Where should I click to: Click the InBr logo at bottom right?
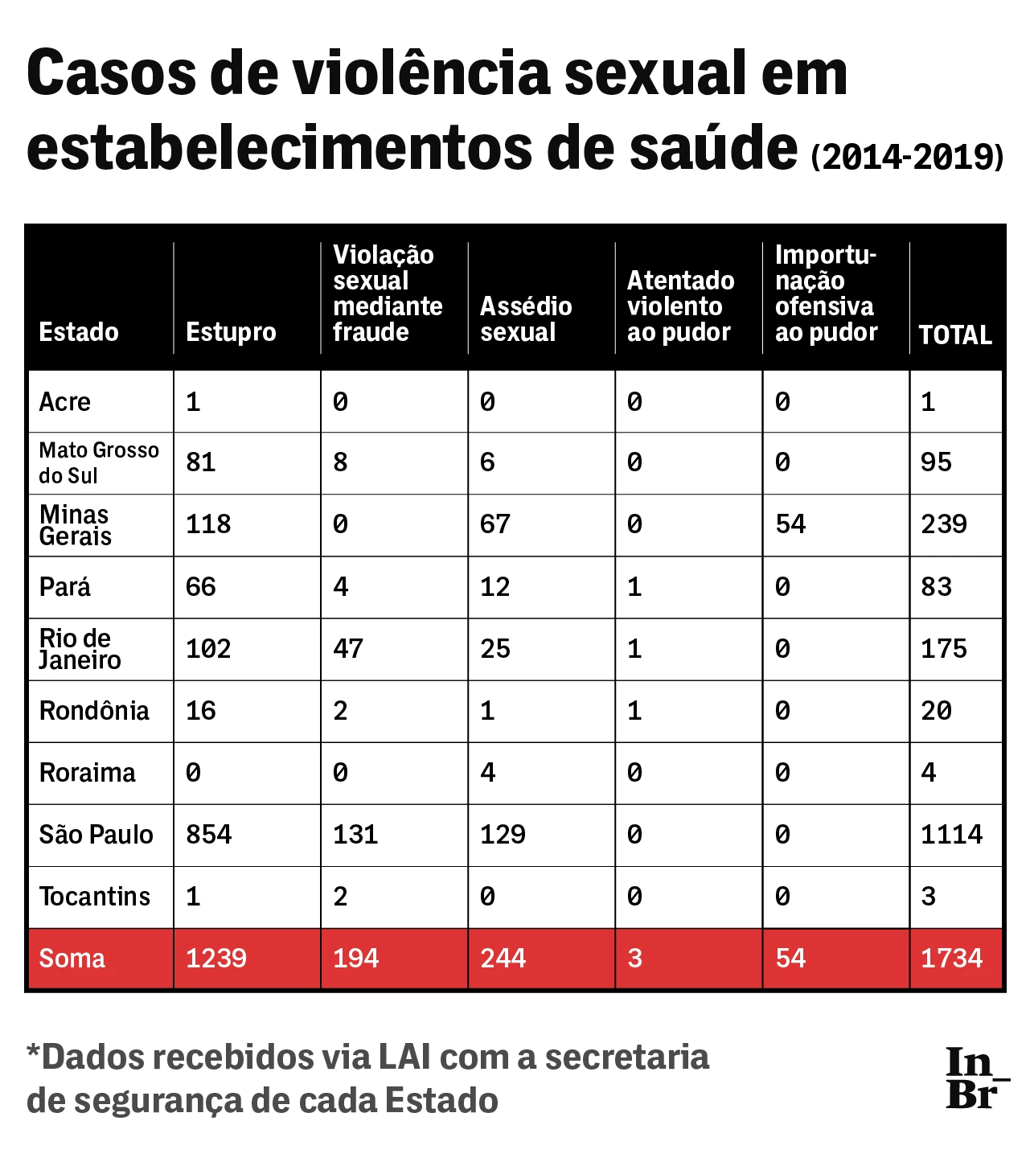click(x=975, y=1078)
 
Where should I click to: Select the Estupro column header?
click(x=231, y=332)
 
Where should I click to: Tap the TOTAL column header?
click(x=955, y=335)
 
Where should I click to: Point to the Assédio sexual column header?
click(x=526, y=319)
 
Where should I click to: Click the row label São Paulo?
click(x=96, y=835)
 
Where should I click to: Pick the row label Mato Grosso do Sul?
click(x=98, y=462)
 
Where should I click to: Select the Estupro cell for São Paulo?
click(x=208, y=835)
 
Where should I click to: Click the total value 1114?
click(x=951, y=835)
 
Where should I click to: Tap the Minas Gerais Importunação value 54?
click(x=790, y=524)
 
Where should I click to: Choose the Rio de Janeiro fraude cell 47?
click(x=348, y=649)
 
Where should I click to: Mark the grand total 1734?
click(x=951, y=959)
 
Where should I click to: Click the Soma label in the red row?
click(x=72, y=959)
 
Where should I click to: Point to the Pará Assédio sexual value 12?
click(x=494, y=587)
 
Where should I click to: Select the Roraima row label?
click(x=87, y=773)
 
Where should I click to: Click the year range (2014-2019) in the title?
click(x=907, y=157)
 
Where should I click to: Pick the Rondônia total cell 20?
click(x=936, y=711)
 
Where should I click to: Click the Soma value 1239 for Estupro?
click(x=215, y=959)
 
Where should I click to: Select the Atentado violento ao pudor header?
click(x=680, y=306)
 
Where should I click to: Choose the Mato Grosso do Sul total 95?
click(x=936, y=462)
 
